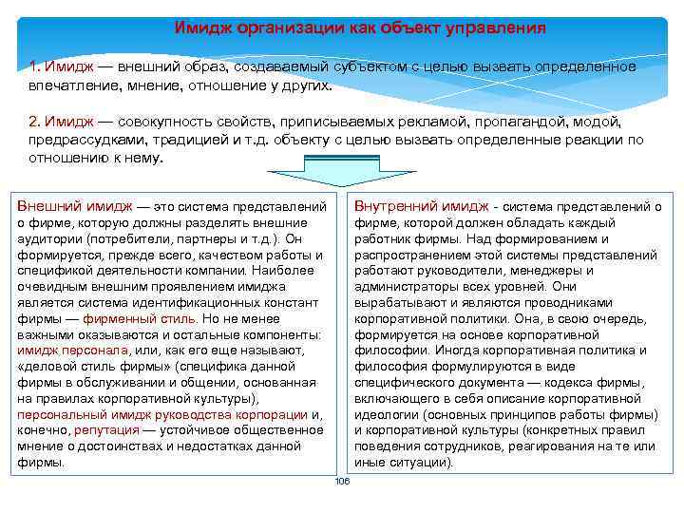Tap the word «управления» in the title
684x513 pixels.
point(498,28)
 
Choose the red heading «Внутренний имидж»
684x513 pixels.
point(421,206)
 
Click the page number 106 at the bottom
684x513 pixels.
point(343,482)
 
